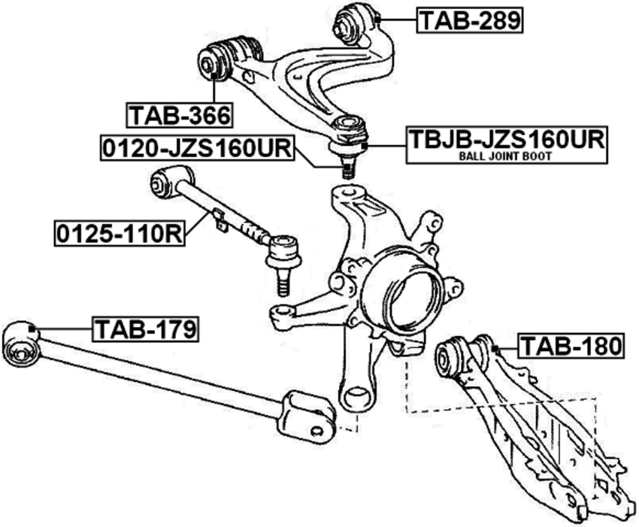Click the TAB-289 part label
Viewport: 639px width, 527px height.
(x=470, y=20)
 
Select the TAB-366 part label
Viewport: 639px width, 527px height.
(x=180, y=116)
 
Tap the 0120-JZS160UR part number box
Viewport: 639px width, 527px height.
(x=197, y=147)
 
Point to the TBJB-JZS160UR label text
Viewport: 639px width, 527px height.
(x=507, y=139)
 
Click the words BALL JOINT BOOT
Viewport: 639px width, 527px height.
(x=505, y=156)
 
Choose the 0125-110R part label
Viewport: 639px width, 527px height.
(x=120, y=234)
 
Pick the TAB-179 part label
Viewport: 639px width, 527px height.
(x=146, y=329)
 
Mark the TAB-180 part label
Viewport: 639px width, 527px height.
(x=571, y=346)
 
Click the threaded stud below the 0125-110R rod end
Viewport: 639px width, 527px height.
(x=283, y=283)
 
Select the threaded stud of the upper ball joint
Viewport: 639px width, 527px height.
(x=347, y=167)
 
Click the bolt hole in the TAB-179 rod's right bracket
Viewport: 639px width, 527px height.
(x=316, y=432)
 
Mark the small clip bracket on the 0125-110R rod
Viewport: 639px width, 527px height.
(x=220, y=220)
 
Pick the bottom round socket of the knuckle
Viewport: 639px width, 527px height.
(x=357, y=397)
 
